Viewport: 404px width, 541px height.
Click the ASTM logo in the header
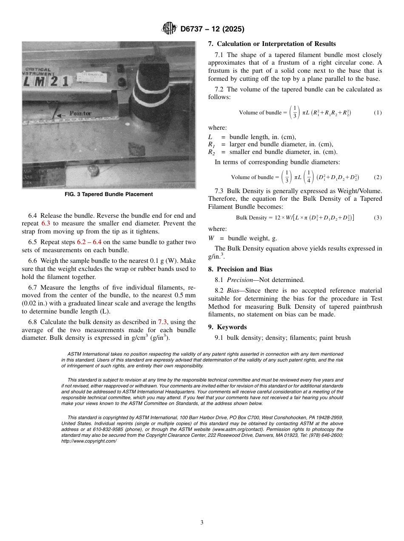[169, 29]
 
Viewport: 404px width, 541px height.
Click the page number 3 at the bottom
[202, 522]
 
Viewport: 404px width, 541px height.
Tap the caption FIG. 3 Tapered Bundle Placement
[109, 194]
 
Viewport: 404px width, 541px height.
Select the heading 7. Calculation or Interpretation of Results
[272, 44]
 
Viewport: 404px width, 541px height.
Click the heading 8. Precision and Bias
[240, 269]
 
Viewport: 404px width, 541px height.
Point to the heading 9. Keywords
[227, 327]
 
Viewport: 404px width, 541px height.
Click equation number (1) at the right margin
[378, 113]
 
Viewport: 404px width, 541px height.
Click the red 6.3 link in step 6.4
[46, 223]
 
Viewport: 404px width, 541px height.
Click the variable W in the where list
[211, 238]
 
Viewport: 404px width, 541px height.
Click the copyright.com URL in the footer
[89, 441]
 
